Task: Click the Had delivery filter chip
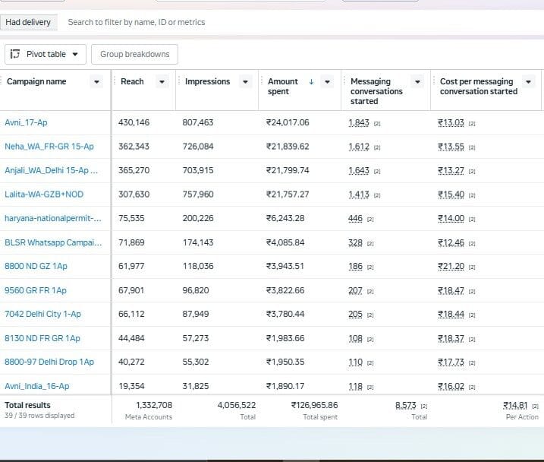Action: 28,22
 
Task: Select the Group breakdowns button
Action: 134,54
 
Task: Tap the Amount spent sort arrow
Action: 311,81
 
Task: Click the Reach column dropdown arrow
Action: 162,82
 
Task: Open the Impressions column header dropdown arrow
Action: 245,82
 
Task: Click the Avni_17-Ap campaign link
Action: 26,122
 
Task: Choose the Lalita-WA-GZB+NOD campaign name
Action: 44,195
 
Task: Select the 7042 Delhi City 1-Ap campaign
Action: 42,314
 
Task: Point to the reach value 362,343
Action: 134,146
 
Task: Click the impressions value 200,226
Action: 198,218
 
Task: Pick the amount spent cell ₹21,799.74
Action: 288,170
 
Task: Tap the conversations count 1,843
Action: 359,122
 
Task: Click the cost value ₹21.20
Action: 451,266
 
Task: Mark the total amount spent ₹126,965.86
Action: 315,405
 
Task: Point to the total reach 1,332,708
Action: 154,405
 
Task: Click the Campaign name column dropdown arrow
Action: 96,82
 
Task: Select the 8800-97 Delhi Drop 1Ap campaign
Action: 49,362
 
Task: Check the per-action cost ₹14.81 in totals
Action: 516,405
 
